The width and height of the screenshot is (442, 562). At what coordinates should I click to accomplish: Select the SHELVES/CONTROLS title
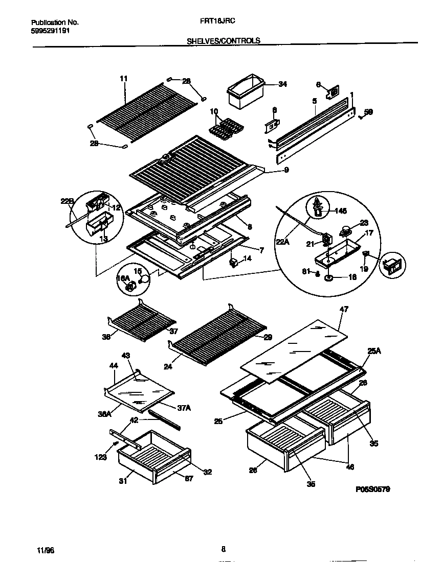click(x=223, y=40)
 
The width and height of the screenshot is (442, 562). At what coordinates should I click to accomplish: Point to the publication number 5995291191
click(x=51, y=30)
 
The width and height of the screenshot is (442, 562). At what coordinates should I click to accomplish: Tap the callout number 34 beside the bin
click(x=282, y=84)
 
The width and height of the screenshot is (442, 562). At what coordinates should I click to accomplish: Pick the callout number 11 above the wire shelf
click(x=123, y=78)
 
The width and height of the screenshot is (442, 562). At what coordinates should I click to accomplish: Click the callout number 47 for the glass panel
click(x=344, y=310)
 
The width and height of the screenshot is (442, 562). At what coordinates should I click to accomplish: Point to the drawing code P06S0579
click(x=372, y=488)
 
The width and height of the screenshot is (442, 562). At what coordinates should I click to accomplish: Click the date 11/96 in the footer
click(x=46, y=550)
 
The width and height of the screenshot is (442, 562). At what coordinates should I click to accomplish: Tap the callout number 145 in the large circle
click(x=340, y=211)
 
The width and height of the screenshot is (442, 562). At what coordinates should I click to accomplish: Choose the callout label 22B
click(x=68, y=201)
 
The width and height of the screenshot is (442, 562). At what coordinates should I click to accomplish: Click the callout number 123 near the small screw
click(x=100, y=457)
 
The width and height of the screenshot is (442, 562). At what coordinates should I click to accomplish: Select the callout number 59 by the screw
click(x=368, y=112)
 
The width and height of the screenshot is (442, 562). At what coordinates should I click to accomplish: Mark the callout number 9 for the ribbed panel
click(x=286, y=170)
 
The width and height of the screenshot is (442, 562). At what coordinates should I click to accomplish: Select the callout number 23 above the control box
click(x=364, y=223)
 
